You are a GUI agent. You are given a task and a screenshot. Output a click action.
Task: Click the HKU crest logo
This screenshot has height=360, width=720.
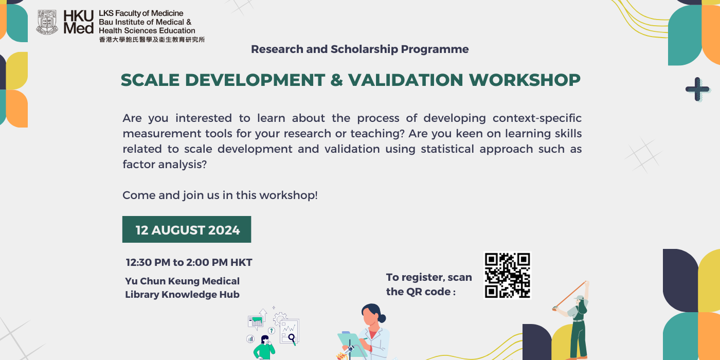[47, 22]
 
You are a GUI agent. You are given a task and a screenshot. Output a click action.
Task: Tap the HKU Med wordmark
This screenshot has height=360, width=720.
[78, 22]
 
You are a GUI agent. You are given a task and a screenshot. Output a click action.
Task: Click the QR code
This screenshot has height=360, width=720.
[507, 276]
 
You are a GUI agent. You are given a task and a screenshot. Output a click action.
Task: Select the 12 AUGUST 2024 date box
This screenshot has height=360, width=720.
[187, 229]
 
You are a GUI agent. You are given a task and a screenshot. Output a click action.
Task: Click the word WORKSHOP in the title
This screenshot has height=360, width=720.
[525, 80]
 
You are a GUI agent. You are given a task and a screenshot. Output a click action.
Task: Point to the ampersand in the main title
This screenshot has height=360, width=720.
[336, 80]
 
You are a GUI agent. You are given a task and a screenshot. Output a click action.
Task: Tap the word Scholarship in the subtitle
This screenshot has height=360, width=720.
[365, 49]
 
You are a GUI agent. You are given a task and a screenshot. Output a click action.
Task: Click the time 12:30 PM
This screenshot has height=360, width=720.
[148, 262]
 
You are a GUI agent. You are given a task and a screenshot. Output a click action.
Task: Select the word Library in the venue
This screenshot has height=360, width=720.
[141, 295]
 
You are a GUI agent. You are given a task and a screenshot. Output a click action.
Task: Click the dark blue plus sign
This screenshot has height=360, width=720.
[697, 89]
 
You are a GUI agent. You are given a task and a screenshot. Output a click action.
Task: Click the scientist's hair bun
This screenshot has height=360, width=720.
[382, 318]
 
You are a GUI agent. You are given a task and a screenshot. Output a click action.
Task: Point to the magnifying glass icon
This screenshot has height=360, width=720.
[292, 339]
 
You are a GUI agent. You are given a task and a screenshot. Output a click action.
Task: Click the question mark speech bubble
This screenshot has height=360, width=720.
[272, 330]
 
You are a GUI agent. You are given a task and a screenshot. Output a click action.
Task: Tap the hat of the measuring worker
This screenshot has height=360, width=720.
[579, 298]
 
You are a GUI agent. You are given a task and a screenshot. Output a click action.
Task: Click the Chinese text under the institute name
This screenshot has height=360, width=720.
[152, 40]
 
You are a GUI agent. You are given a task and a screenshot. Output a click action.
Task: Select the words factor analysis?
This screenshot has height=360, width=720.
[165, 165]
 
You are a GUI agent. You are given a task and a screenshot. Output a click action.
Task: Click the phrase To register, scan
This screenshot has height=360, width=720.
[429, 277]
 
